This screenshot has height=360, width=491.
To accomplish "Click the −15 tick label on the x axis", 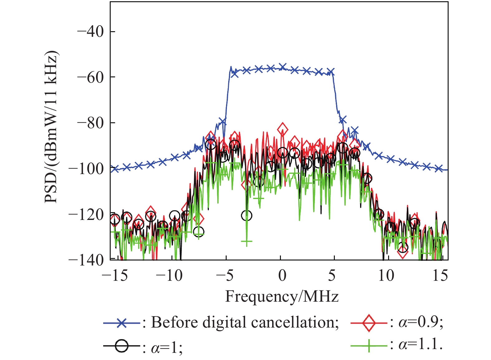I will click(x=115, y=276).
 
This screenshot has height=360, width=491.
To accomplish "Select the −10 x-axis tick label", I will click(x=169, y=276).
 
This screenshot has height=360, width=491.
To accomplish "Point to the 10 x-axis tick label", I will click(x=386, y=276).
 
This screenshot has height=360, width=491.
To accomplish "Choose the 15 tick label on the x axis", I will click(x=440, y=276).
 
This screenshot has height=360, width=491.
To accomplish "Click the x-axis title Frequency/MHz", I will click(x=282, y=296).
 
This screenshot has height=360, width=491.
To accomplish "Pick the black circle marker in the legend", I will click(x=122, y=346).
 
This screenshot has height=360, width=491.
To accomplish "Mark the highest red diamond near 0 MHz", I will click(x=282, y=129).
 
